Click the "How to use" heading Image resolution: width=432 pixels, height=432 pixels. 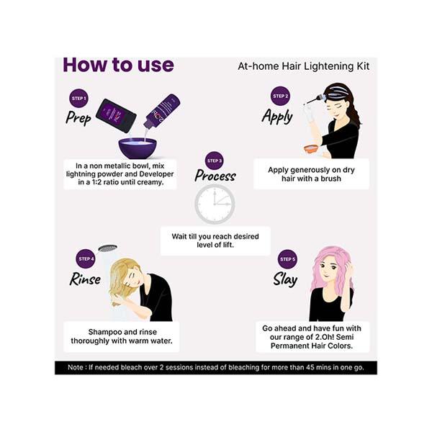tap(118, 65)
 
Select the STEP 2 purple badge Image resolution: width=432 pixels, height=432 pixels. tap(281, 96)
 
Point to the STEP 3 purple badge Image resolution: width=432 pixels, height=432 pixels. tap(215, 160)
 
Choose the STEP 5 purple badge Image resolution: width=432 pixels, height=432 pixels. tap(287, 258)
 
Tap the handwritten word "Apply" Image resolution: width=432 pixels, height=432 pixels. tap(277, 116)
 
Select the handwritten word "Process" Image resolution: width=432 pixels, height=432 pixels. tap(215, 176)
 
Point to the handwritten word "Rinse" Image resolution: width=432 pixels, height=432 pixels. tap(85, 279)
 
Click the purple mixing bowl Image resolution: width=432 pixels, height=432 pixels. tap(138, 148)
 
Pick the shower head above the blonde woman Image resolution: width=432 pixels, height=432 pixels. tap(108, 248)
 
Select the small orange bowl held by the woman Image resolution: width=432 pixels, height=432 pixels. tap(311, 148)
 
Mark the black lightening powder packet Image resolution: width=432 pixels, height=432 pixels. tap(116, 114)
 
